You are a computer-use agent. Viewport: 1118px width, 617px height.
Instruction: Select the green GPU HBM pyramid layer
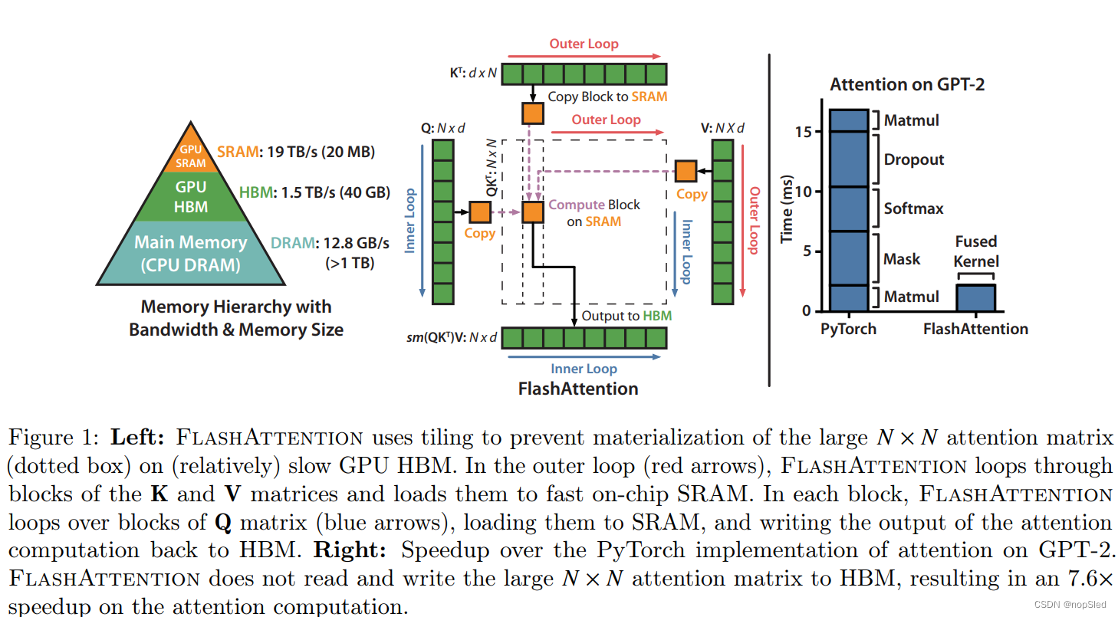point(191,195)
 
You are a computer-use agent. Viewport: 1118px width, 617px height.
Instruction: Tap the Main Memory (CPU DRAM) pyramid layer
point(191,253)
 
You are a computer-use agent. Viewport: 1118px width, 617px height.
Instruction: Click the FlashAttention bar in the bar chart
point(975,297)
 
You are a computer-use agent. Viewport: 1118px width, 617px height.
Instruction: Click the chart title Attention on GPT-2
point(907,84)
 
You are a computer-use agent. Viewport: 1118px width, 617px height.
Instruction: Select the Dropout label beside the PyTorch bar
point(914,159)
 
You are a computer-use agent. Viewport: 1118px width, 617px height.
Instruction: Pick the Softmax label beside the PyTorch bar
point(913,208)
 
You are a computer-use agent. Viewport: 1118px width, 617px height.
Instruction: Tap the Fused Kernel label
point(976,251)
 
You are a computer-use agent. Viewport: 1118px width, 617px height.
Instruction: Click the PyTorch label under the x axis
point(847,329)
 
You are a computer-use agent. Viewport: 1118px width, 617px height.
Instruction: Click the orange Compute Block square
point(533,212)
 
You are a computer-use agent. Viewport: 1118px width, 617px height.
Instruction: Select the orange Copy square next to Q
point(480,212)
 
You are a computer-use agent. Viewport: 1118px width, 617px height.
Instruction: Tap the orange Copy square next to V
point(686,171)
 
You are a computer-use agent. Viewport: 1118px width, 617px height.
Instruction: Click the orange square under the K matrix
point(532,113)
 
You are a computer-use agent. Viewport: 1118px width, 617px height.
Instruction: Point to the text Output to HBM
point(626,316)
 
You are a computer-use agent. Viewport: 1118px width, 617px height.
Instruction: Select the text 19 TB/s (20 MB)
point(321,152)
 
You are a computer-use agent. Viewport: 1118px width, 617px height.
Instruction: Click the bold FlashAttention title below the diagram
point(578,389)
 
